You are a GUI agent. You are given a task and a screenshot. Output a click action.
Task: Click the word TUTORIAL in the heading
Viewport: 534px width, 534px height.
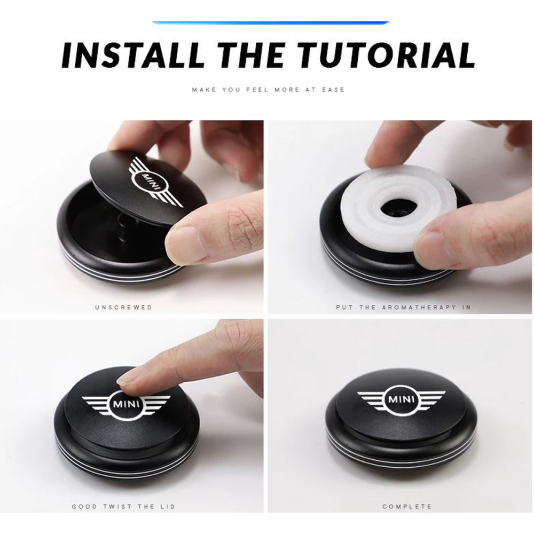tap(387, 55)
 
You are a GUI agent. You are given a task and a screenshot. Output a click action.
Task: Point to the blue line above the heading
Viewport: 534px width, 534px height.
tap(270, 23)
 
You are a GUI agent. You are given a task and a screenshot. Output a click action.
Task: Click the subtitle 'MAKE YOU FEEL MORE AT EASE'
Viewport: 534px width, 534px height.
tap(268, 90)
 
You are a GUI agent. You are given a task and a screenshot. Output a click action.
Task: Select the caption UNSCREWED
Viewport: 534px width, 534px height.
tap(123, 307)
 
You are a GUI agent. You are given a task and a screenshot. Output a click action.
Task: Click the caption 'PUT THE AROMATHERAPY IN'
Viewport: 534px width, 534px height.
tap(403, 307)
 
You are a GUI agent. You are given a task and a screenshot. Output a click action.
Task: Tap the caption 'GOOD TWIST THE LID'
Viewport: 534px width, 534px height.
tap(123, 506)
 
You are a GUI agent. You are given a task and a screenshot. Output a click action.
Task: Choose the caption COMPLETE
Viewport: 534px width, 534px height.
tap(406, 506)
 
